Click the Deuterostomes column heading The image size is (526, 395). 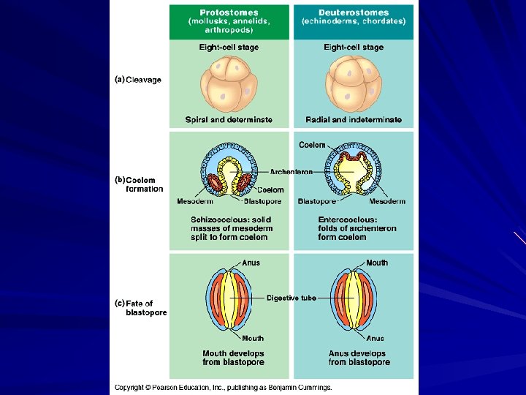click(354, 12)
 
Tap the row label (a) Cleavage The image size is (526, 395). click(139, 80)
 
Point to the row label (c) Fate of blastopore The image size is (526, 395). click(141, 307)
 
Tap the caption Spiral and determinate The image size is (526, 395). click(229, 120)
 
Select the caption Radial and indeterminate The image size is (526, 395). click(354, 120)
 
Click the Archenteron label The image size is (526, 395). click(291, 172)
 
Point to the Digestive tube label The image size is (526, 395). click(291, 298)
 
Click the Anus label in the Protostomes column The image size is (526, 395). click(251, 263)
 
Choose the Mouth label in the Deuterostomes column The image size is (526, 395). click(377, 263)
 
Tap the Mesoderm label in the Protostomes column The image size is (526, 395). click(195, 202)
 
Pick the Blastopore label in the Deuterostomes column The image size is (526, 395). click(317, 202)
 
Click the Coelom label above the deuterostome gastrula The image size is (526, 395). click(312, 145)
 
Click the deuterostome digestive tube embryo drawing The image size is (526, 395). click(354, 300)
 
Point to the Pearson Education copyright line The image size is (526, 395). click(223, 387)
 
